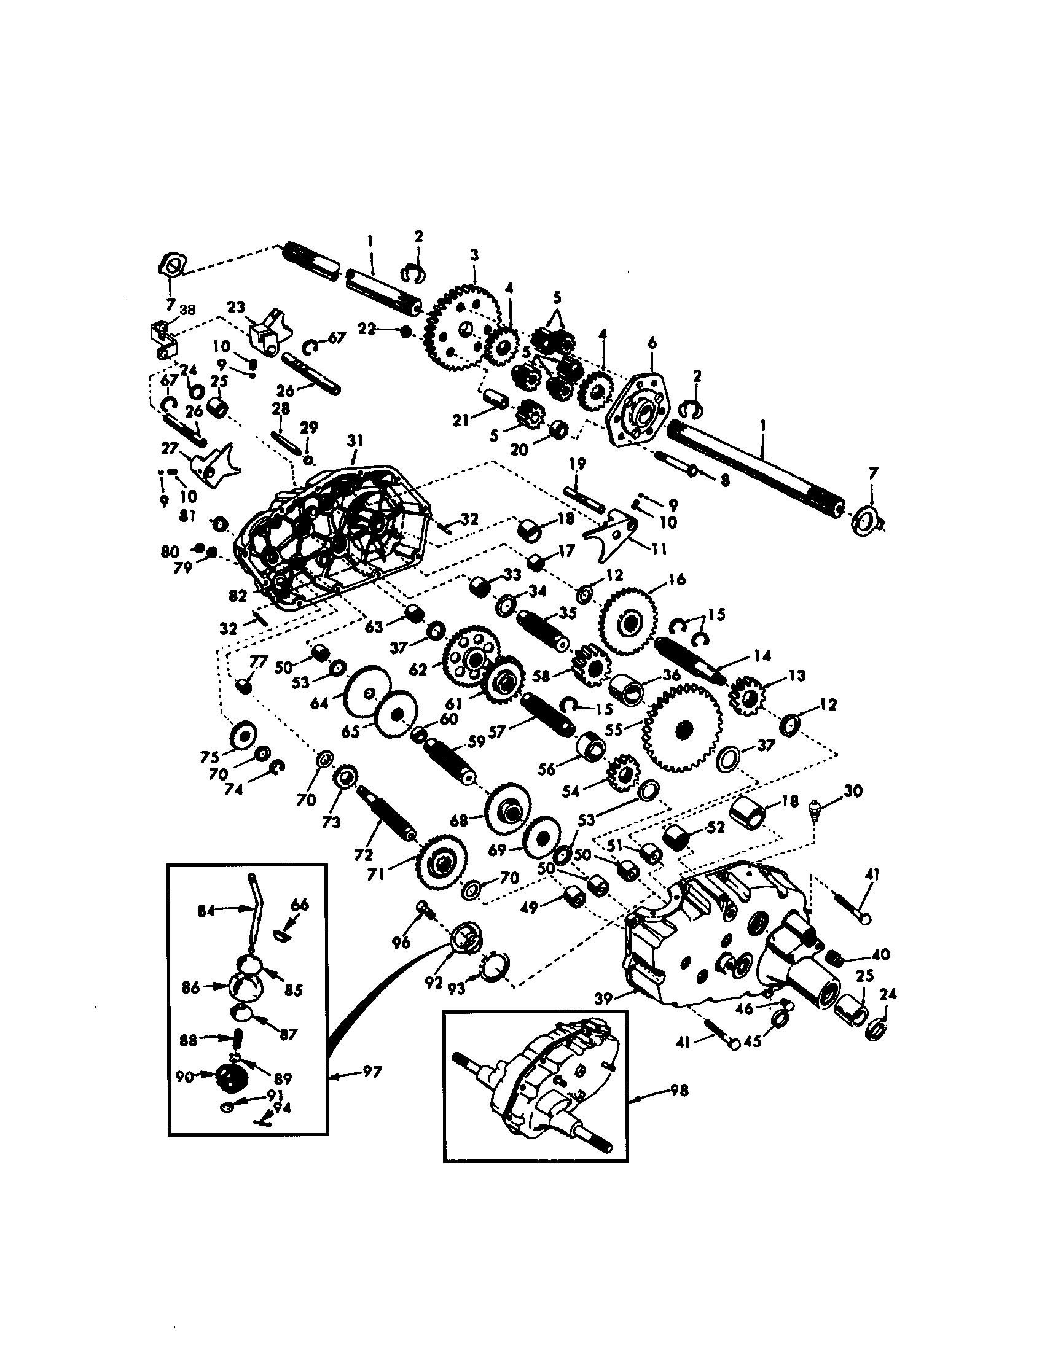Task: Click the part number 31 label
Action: (x=355, y=441)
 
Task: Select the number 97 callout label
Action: (x=371, y=1072)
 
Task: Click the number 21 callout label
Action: (x=460, y=421)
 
